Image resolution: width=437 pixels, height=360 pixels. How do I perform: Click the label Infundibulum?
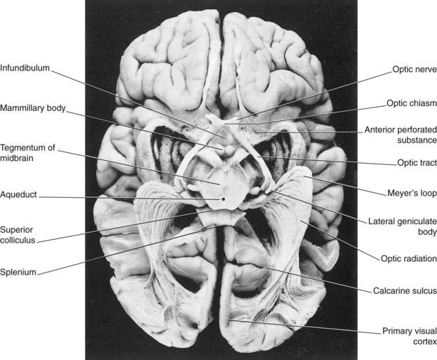[x=25, y=68]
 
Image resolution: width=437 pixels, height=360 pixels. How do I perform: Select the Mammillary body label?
[x=33, y=108]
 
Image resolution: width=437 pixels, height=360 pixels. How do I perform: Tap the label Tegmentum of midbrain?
[x=27, y=153]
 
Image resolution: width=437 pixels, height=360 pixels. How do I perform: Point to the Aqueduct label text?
[x=19, y=194]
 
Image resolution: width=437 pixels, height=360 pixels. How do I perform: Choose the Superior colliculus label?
[x=18, y=235]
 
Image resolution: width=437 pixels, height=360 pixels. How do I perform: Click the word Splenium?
[x=18, y=272]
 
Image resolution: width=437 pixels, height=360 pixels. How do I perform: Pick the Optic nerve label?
[x=414, y=69]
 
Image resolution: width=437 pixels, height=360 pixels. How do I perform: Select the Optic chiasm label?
[x=411, y=103]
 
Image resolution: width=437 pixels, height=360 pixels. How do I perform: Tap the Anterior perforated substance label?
[x=401, y=135]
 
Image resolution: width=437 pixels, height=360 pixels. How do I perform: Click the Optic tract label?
[x=417, y=163]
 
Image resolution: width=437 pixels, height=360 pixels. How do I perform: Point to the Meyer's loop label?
[x=412, y=193]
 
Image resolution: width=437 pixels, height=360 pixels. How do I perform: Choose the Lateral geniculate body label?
[x=402, y=226]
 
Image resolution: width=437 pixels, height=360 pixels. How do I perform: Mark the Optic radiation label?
[x=409, y=258]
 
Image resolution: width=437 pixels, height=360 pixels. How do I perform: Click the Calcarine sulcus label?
[x=405, y=291]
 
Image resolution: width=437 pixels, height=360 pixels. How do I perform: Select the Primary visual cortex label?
[x=409, y=337]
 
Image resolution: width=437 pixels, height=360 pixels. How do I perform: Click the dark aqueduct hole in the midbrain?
[x=223, y=199]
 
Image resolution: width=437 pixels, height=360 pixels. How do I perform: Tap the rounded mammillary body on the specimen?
[x=229, y=149]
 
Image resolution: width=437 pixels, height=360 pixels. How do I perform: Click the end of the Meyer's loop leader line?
[x=304, y=176]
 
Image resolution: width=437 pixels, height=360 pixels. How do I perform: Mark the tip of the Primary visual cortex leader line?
[x=229, y=321]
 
